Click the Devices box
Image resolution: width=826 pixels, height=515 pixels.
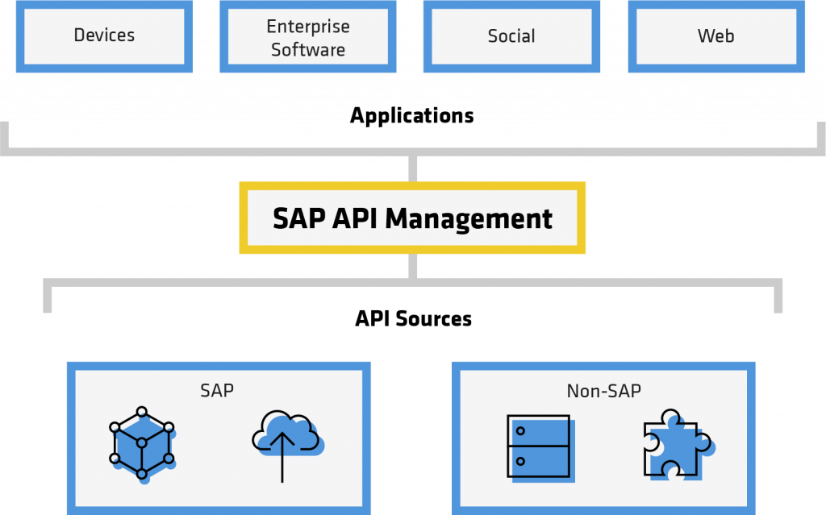104,36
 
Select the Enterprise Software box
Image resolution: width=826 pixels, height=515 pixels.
307,38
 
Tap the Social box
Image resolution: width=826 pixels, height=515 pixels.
511,36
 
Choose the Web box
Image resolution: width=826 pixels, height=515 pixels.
715,36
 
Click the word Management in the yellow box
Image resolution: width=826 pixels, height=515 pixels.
469,218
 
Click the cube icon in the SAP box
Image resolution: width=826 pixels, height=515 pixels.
142,442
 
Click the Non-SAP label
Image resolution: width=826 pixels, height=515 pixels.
603,392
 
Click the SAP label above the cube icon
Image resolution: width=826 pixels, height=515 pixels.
217,390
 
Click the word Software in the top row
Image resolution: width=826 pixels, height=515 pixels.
307,50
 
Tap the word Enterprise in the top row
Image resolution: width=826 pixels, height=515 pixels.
307,27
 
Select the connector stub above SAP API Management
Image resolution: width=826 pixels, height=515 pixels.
413,168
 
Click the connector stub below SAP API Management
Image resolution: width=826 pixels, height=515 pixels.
413,267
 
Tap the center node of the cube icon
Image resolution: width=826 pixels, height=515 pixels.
142,443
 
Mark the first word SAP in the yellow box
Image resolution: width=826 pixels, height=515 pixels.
299,218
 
